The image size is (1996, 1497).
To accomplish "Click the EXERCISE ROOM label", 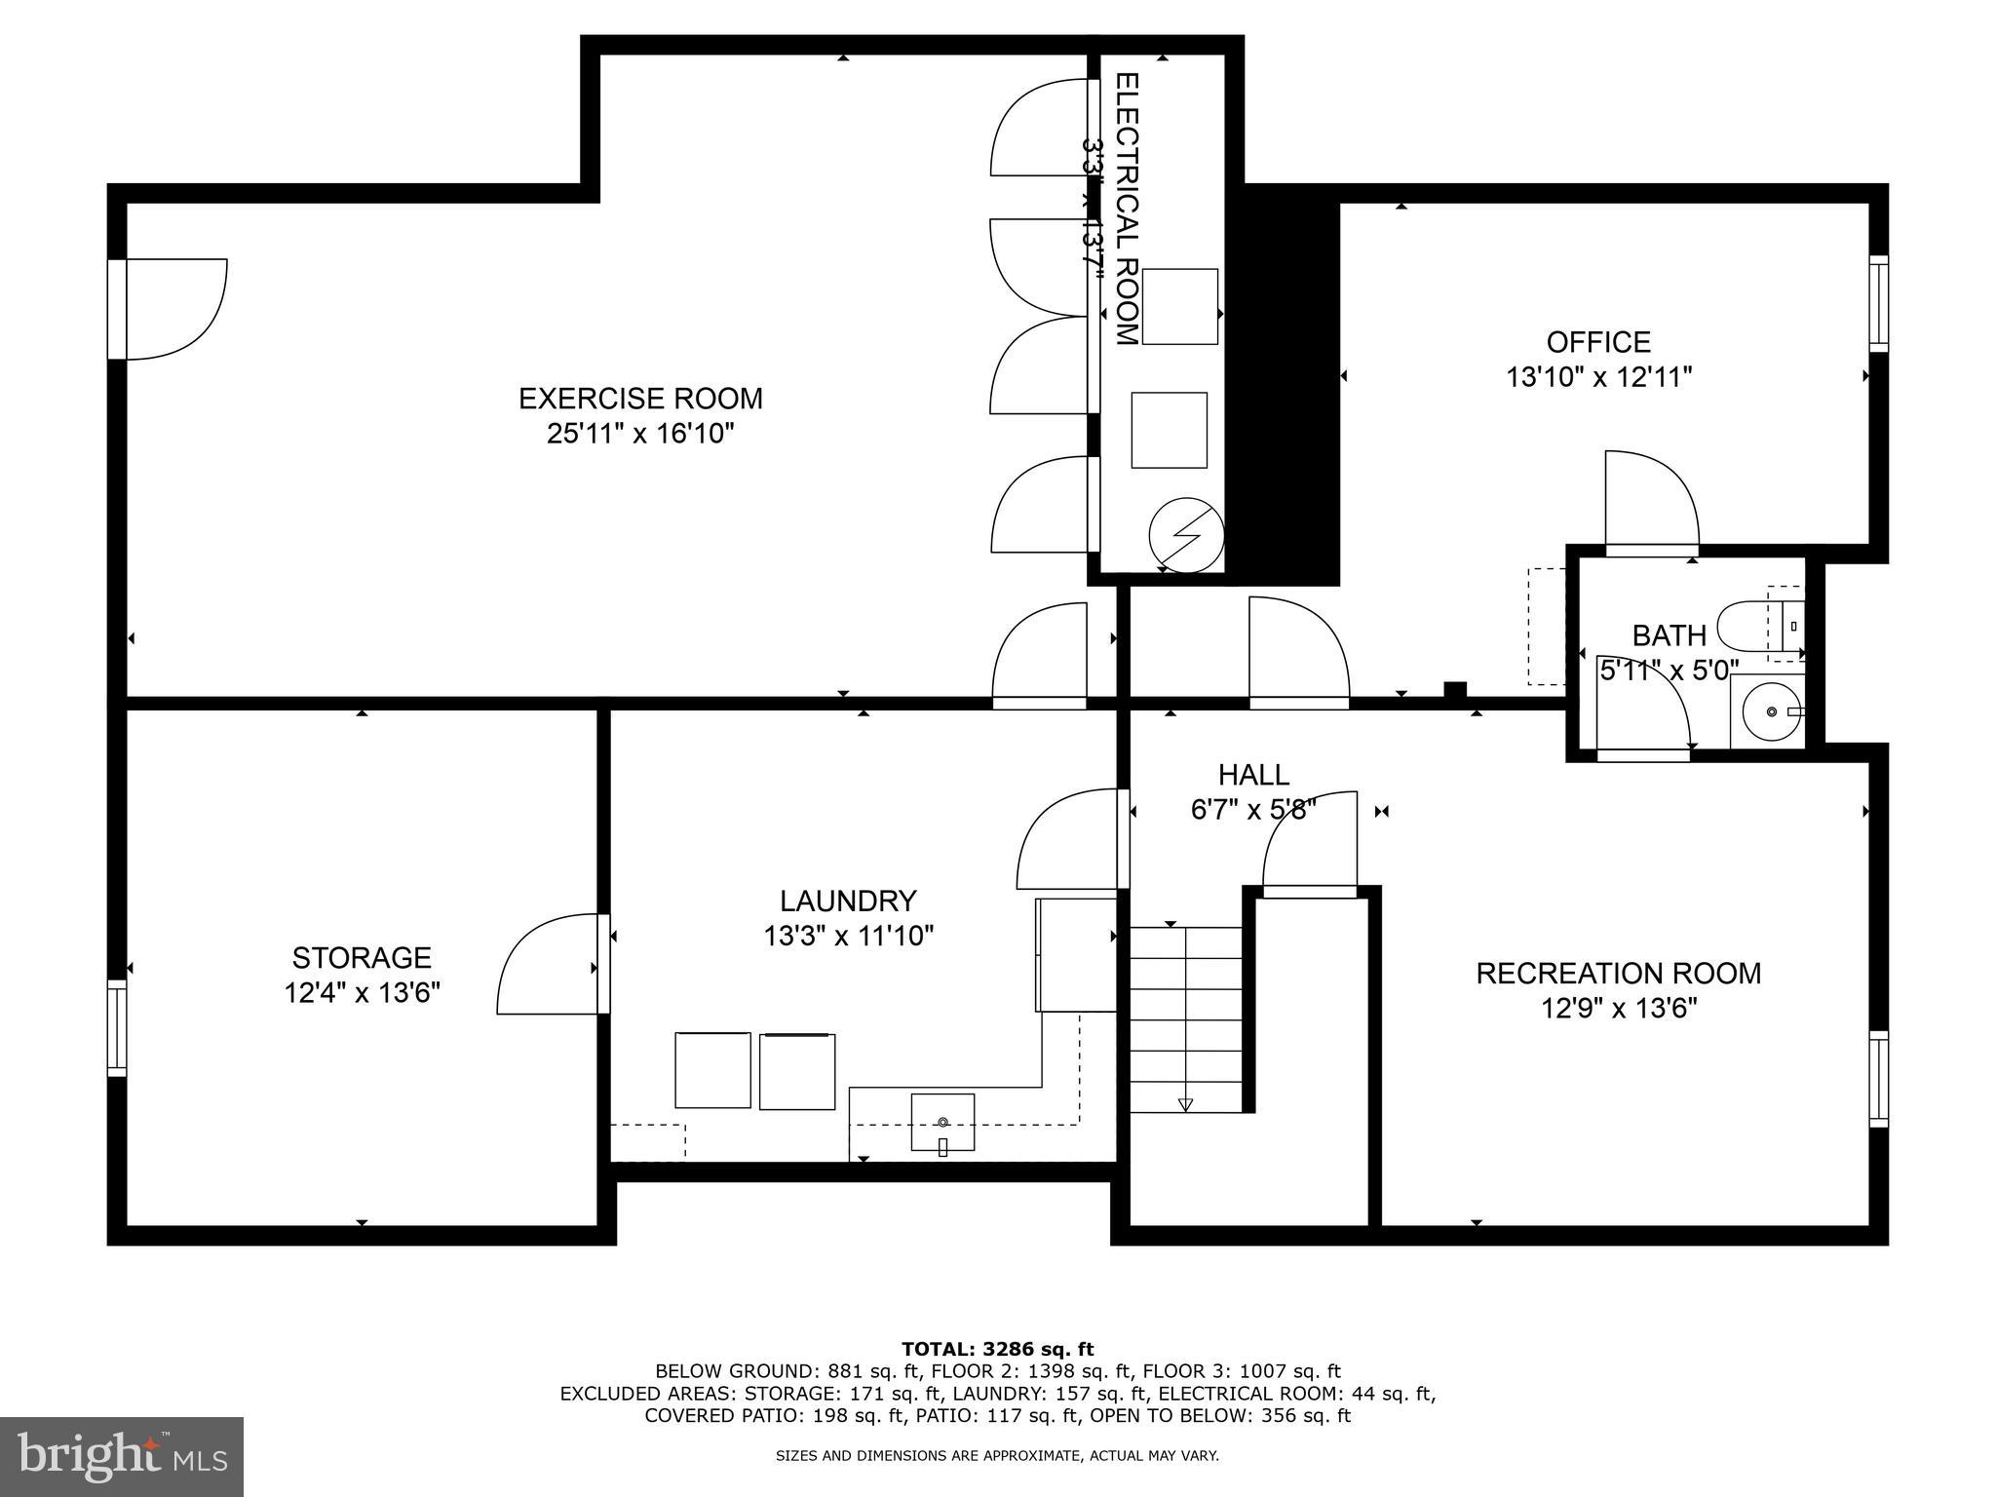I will (x=639, y=399).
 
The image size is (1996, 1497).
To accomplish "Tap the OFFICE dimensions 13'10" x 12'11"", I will (x=1598, y=377).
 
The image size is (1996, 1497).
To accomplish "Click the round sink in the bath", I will (x=1769, y=712).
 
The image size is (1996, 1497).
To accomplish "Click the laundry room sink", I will (x=942, y=1122).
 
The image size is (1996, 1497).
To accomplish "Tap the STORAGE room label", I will (x=362, y=957).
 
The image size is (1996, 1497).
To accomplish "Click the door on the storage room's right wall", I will (x=552, y=965).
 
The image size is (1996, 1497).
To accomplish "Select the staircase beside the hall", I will (x=1185, y=1018).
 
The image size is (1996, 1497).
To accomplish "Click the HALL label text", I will (x=1253, y=775).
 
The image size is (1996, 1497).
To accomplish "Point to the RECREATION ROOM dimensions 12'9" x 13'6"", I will (x=1619, y=1008).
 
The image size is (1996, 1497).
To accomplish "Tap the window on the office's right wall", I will (x=1878, y=303).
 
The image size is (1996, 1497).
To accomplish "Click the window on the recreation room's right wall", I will (x=1878, y=1079).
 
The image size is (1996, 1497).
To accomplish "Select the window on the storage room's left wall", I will (x=117, y=1028).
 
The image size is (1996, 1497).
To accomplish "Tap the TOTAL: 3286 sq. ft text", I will (x=997, y=1349).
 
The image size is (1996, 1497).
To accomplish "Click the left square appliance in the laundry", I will (x=712, y=1070).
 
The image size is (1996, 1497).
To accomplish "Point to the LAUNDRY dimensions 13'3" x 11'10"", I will (x=848, y=937).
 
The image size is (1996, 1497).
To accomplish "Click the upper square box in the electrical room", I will (x=1179, y=307).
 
